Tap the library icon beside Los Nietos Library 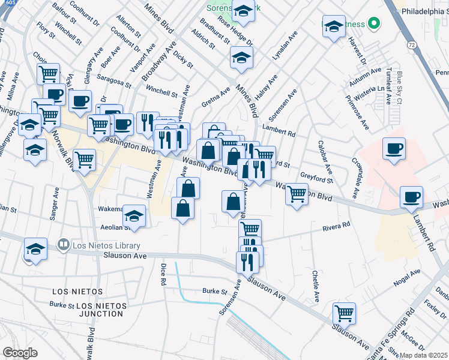pos(62,245)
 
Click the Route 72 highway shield pos(411,45)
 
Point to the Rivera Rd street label pos(336,227)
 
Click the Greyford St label pos(316,178)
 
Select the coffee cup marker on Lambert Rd pos(412,197)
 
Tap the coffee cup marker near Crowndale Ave pos(394,148)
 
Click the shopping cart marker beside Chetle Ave pos(345,312)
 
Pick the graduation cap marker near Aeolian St pos(134,215)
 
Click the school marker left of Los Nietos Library pos(35,248)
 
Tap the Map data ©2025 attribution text pos(423,355)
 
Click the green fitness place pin pos(373,24)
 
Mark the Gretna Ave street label pos(215,98)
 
